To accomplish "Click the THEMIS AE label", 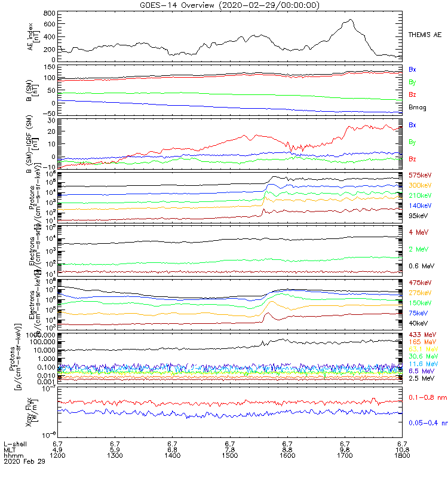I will point(424,36).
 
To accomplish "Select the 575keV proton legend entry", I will point(420,175).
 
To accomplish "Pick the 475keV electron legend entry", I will point(420,283).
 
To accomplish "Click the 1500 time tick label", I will point(229,456).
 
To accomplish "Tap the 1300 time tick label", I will point(115,456).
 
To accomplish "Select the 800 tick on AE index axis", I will point(49,13).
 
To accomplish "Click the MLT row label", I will point(10,450).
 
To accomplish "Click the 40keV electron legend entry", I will point(419,323).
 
